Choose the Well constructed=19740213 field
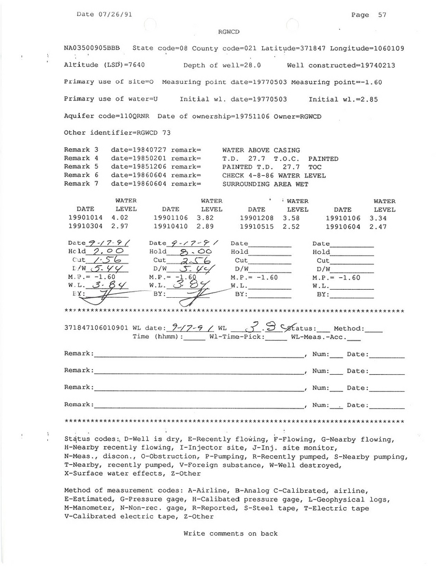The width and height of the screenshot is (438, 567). [x=341, y=66]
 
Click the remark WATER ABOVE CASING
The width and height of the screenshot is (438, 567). [x=261, y=150]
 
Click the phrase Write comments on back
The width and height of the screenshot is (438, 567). [x=230, y=533]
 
